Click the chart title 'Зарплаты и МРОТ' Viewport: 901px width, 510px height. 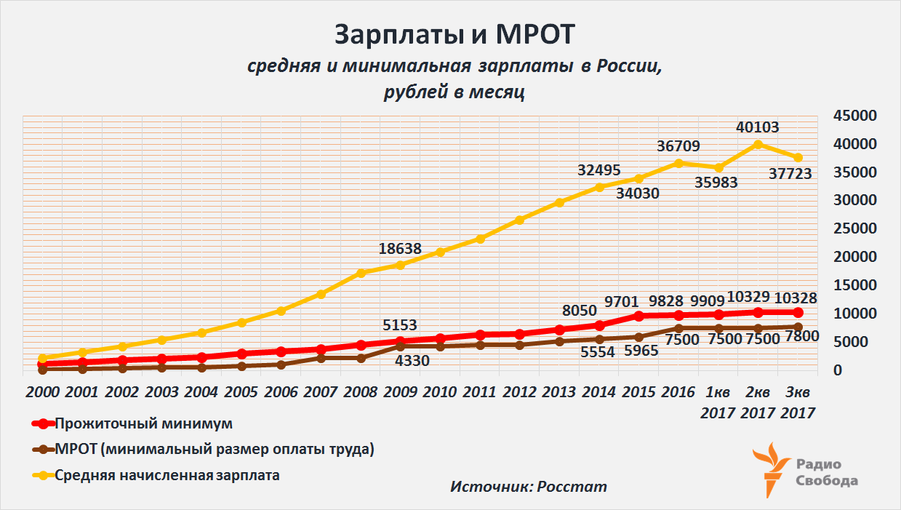(x=454, y=35)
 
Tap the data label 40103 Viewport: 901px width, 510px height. (x=757, y=127)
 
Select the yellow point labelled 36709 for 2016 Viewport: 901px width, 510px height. (x=678, y=163)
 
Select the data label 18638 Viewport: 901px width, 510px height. (x=400, y=248)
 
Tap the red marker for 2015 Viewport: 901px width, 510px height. (x=639, y=316)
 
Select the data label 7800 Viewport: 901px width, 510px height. (x=803, y=337)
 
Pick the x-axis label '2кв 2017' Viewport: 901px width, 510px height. (x=758, y=402)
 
